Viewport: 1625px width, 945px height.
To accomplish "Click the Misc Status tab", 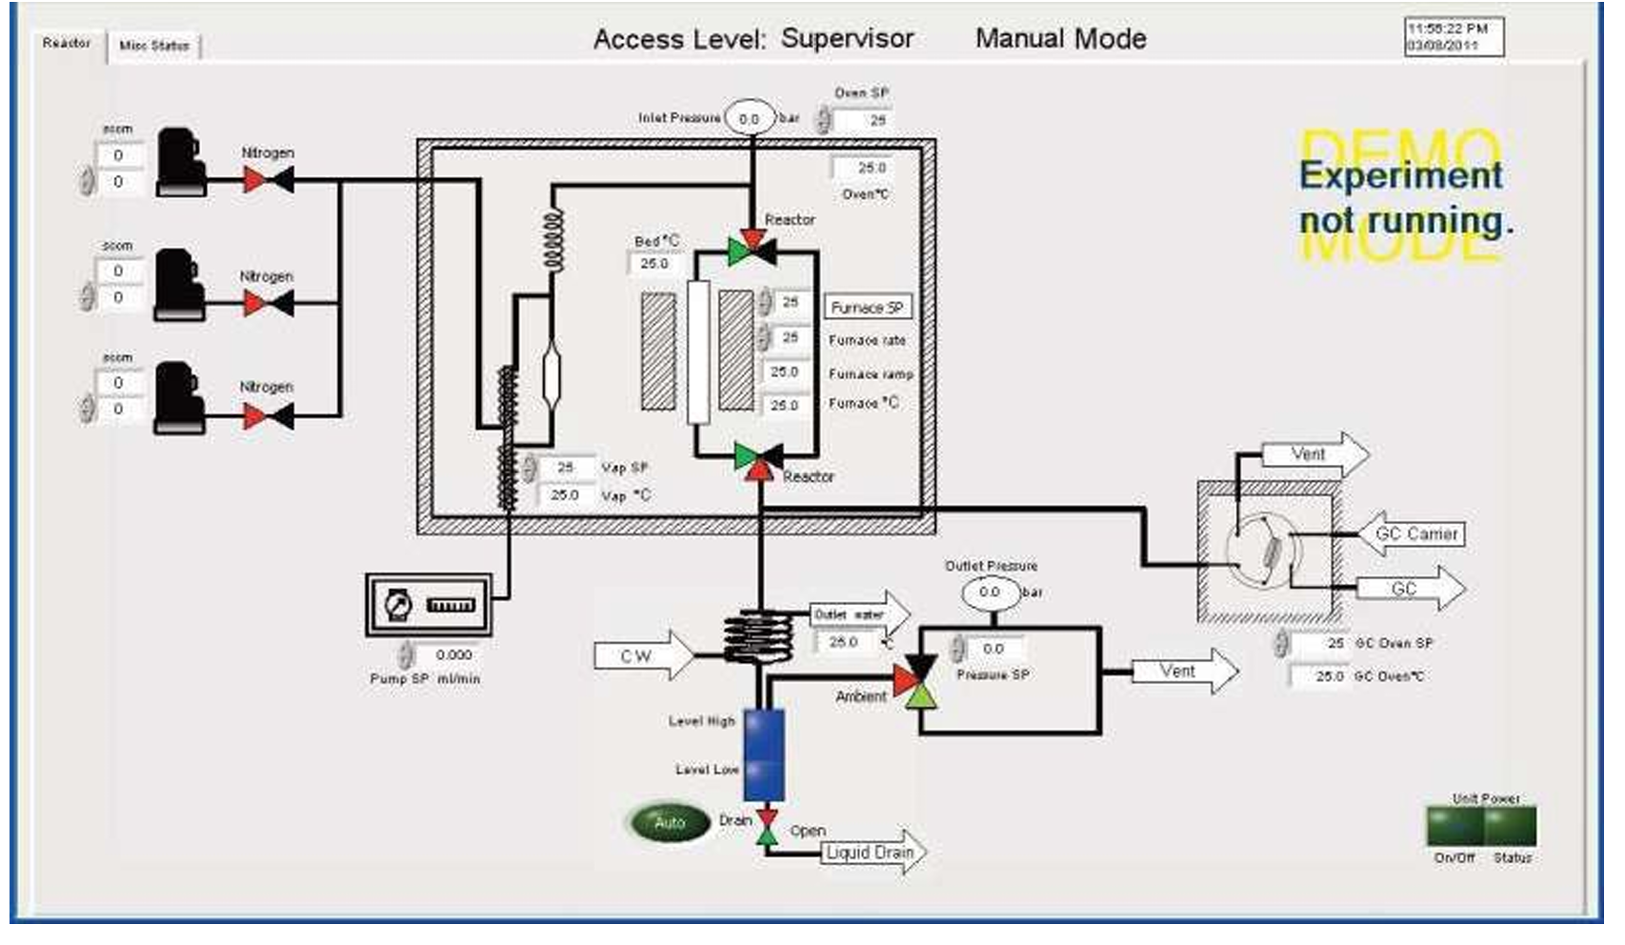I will click(x=154, y=46).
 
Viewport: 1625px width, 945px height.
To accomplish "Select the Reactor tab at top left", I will click(x=67, y=43).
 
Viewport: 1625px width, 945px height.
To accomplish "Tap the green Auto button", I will click(x=670, y=822).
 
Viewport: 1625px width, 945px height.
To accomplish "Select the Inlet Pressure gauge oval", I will click(x=750, y=119).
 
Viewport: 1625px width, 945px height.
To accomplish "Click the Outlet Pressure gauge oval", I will click(x=991, y=593).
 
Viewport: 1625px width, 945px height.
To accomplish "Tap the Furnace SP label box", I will click(x=867, y=308).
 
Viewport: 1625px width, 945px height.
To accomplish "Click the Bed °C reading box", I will click(x=654, y=264).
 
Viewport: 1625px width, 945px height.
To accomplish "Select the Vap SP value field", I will click(x=568, y=468).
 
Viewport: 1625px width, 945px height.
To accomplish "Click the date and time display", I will click(x=1454, y=37).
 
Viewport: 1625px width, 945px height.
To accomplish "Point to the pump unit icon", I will click(x=429, y=605).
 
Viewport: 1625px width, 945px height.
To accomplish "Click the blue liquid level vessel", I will click(x=764, y=754).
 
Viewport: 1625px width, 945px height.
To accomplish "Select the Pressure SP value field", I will click(x=994, y=649).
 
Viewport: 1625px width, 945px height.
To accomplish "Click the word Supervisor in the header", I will click(x=847, y=39).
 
